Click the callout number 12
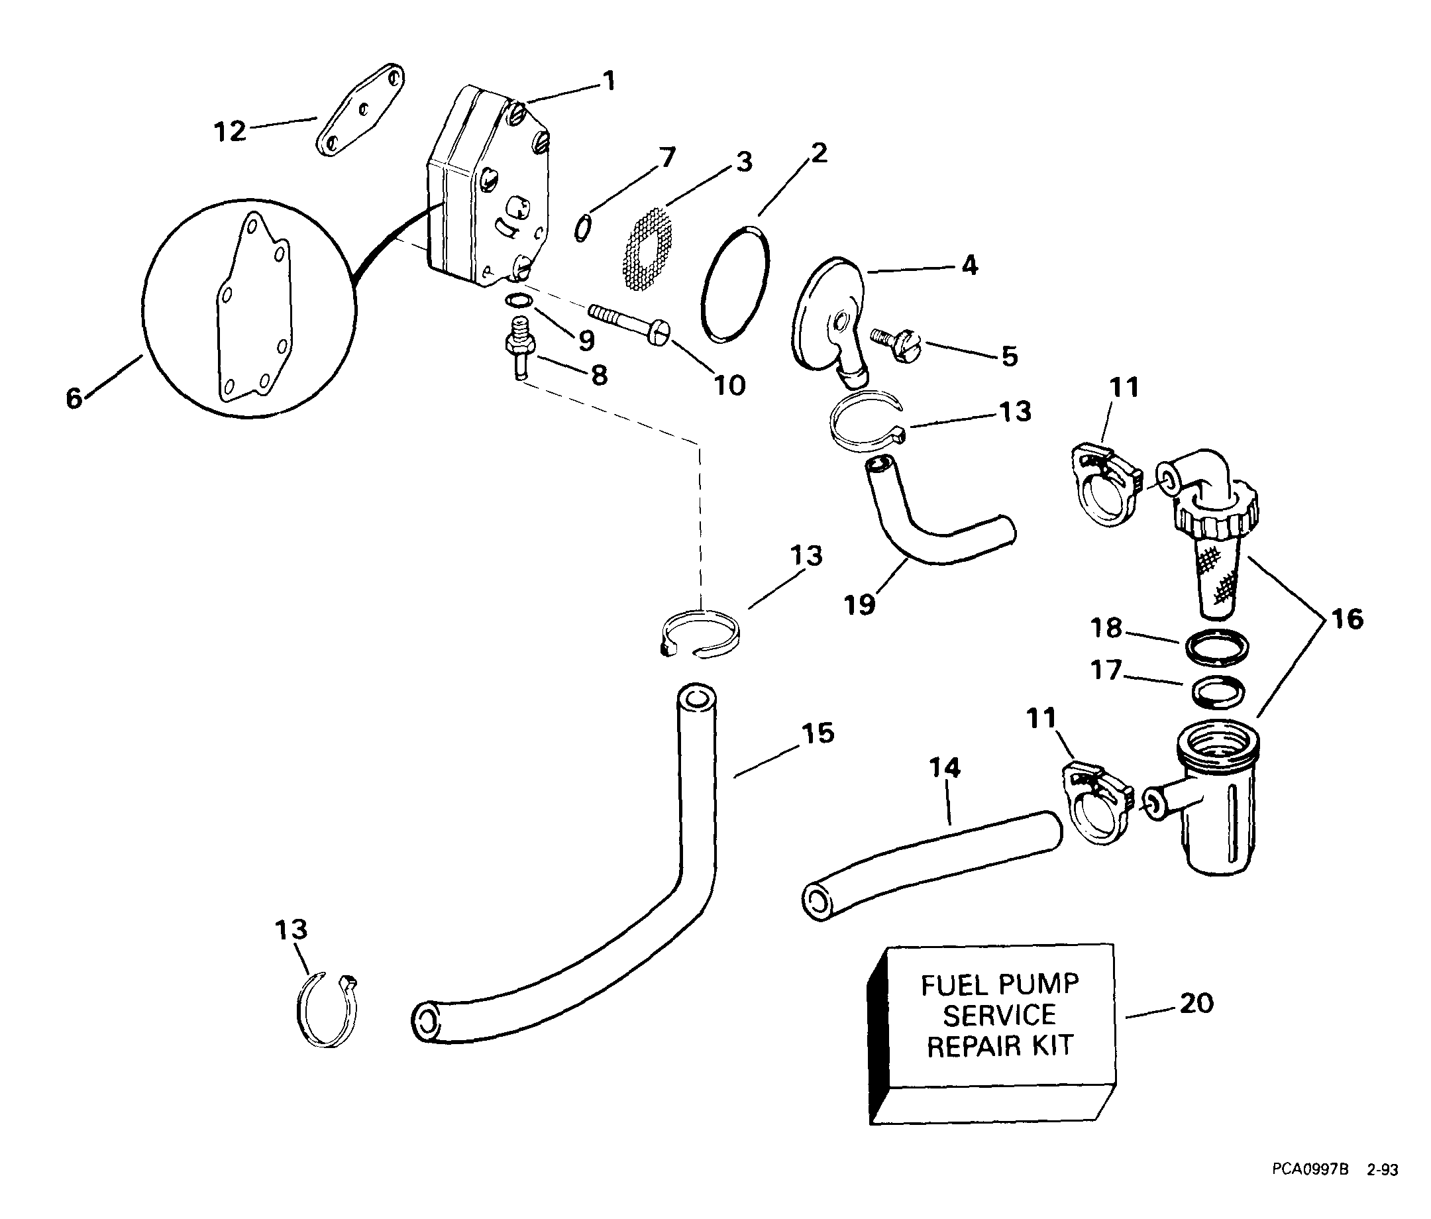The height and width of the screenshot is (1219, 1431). [x=230, y=131]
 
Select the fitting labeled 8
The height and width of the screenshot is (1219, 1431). [x=519, y=343]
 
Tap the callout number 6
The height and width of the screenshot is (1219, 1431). [x=74, y=399]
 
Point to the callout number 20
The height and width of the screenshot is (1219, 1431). [x=1196, y=1004]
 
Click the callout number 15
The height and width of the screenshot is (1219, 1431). [x=818, y=733]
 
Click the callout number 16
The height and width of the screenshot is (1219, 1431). [x=1347, y=619]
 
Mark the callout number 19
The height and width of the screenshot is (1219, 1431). [x=860, y=605]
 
